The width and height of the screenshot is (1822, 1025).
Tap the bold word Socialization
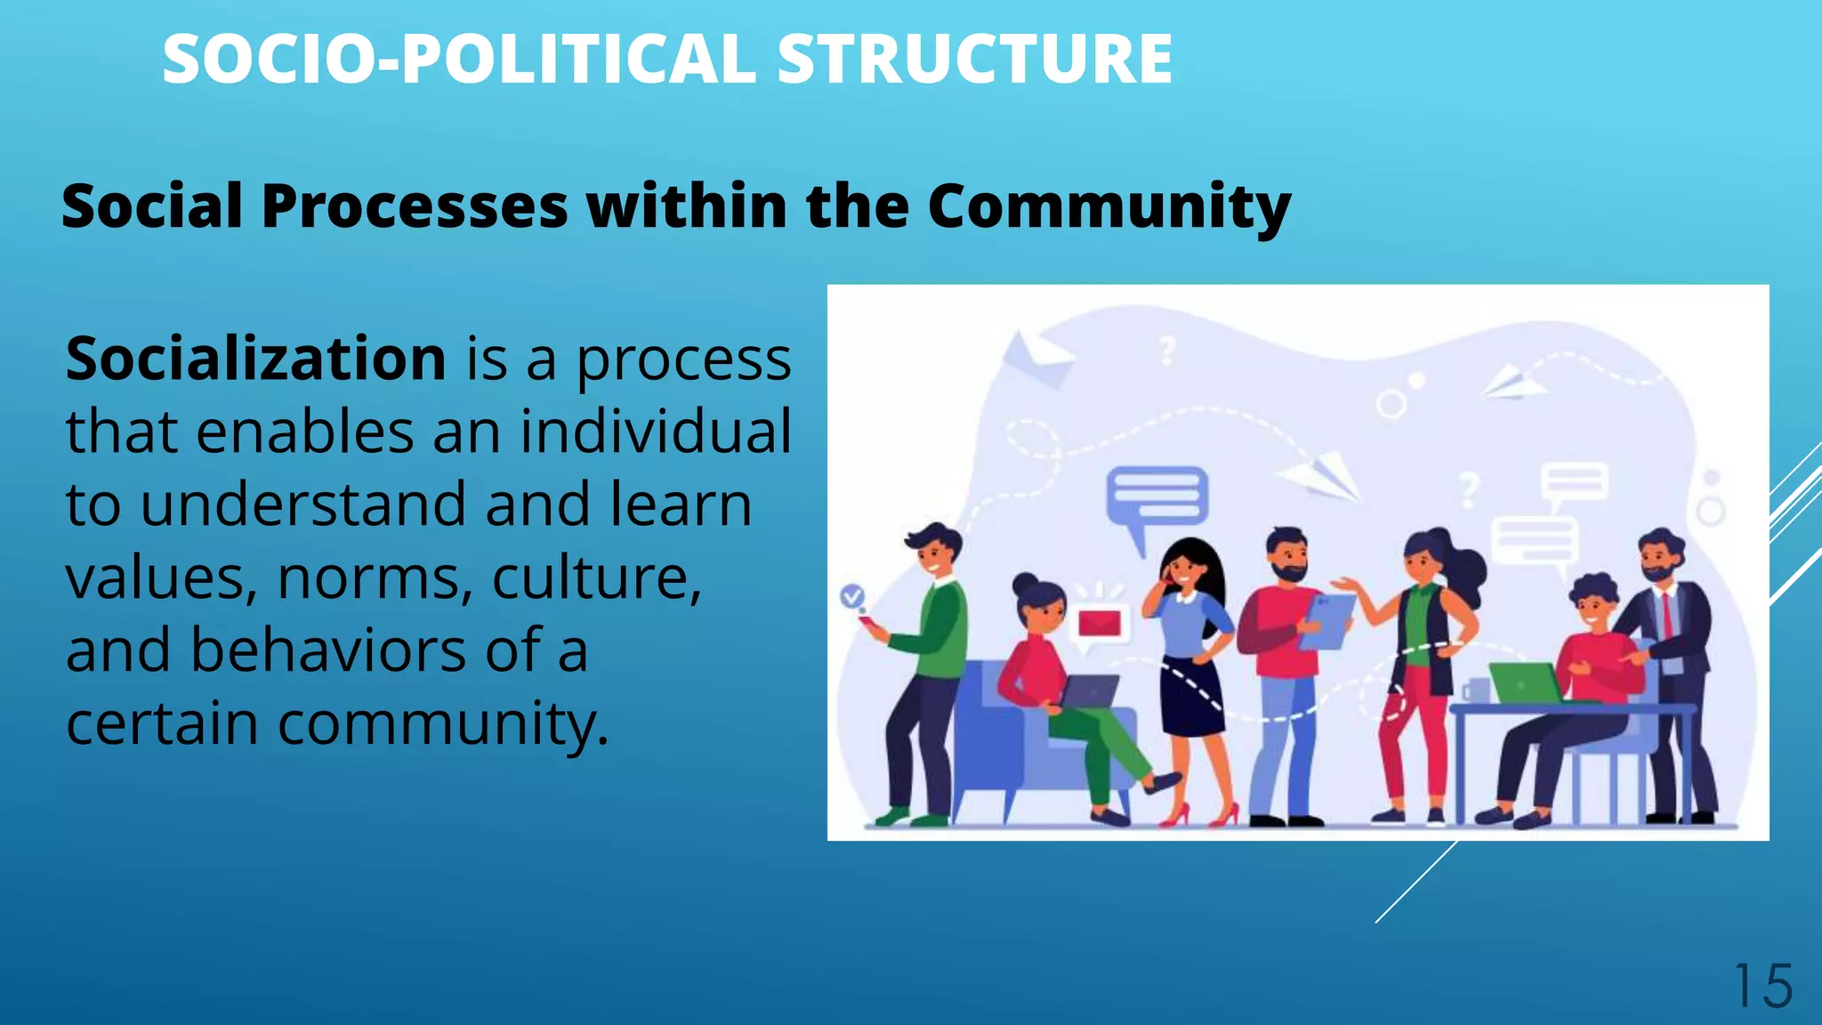click(x=255, y=359)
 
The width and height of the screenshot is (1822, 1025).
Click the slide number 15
click(x=1762, y=987)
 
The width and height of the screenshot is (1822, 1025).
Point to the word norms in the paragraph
click(x=375, y=577)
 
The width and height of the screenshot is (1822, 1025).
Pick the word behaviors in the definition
click(x=328, y=650)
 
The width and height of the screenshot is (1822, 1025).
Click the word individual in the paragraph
click(x=656, y=432)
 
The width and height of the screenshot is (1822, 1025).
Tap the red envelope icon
click(x=1100, y=622)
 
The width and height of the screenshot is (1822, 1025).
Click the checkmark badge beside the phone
click(x=852, y=595)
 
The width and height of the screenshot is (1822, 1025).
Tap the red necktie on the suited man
click(x=1666, y=614)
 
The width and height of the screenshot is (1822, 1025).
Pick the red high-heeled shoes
click(x=1200, y=814)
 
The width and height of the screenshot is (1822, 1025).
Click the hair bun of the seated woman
click(x=1025, y=584)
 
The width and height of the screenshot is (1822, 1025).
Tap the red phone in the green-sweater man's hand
click(x=868, y=622)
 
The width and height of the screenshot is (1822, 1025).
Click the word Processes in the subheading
click(x=414, y=206)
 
